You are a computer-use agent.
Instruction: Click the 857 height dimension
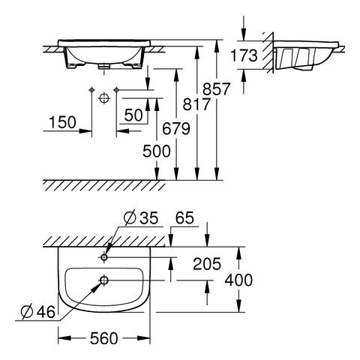click(x=216, y=89)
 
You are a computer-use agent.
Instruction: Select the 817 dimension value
click(x=196, y=104)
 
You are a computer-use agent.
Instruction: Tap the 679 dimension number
click(x=176, y=129)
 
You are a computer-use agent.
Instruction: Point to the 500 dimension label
click(x=157, y=151)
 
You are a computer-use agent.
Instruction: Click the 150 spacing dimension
click(x=62, y=122)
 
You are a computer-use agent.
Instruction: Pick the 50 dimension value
click(x=133, y=115)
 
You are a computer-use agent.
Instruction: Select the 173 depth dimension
click(x=244, y=55)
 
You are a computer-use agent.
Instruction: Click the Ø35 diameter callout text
click(x=141, y=217)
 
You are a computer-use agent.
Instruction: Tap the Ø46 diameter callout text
click(x=38, y=312)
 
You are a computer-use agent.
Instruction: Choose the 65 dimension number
click(x=184, y=217)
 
